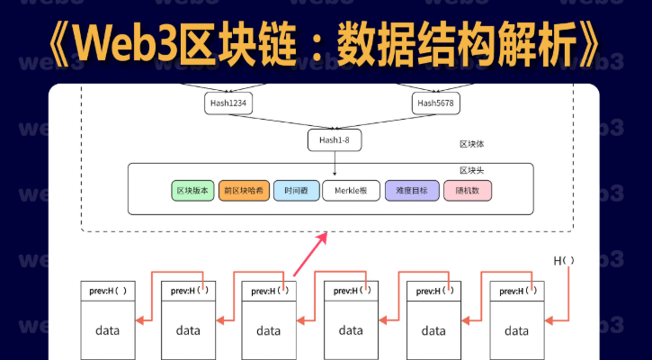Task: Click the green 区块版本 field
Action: [192, 191]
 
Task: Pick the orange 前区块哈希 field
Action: [244, 191]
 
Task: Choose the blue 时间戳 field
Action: [295, 191]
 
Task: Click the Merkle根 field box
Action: [352, 191]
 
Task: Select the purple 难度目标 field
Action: [412, 191]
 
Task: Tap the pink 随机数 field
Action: [468, 191]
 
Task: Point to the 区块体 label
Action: [472, 144]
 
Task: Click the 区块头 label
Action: [472, 170]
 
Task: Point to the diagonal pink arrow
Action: [310, 254]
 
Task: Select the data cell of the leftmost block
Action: [107, 330]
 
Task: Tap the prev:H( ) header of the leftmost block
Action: [107, 292]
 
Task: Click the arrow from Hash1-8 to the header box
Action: [334, 162]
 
